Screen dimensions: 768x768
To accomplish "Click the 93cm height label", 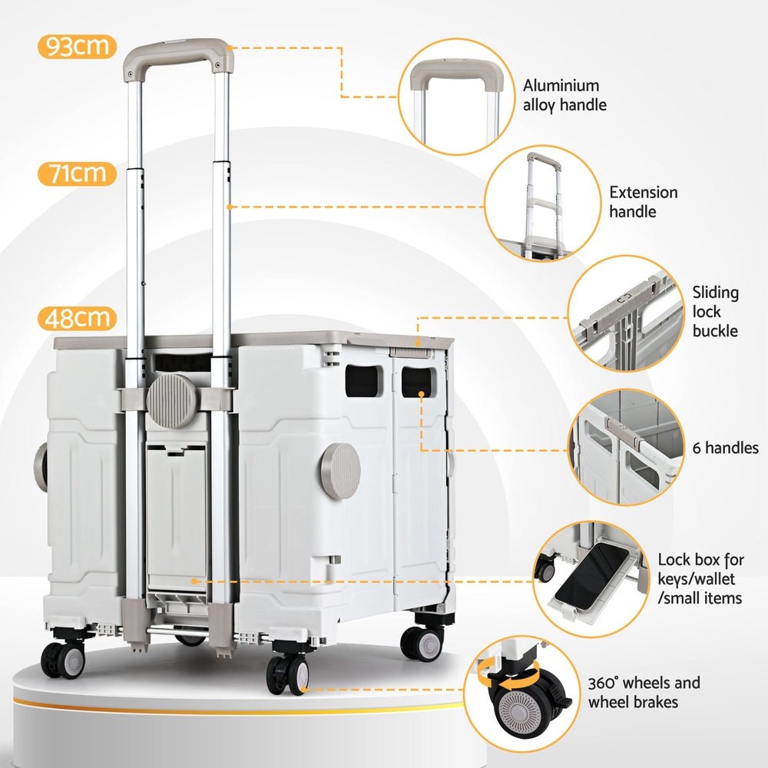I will (x=76, y=48).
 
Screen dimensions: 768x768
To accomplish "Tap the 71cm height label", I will (x=76, y=174).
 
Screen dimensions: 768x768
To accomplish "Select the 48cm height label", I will (x=76, y=318).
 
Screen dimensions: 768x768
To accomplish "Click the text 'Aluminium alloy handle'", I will (x=564, y=95).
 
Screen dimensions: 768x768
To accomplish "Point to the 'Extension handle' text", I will (x=644, y=201).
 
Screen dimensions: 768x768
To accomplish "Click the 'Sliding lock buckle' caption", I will (x=715, y=311).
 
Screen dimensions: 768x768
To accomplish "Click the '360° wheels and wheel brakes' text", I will (x=644, y=692).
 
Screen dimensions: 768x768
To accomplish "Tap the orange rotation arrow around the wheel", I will (x=507, y=680).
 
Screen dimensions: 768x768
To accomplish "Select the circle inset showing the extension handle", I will (x=542, y=204).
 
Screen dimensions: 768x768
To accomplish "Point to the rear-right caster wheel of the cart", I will (x=422, y=641).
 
